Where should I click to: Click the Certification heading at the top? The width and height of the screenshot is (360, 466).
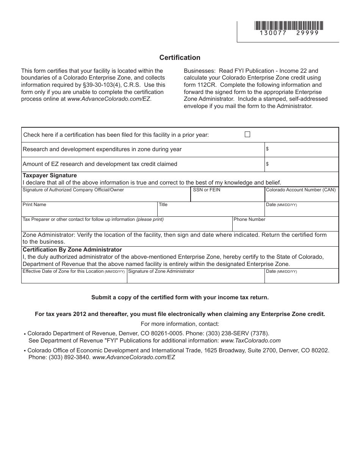pos(180,58)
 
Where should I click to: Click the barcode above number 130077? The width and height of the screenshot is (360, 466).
pos(289,25)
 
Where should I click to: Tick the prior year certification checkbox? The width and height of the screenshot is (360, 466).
pos(247,134)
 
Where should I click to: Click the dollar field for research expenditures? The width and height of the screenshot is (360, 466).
pos(301,149)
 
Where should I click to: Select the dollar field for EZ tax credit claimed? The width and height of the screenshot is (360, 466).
pos(301,164)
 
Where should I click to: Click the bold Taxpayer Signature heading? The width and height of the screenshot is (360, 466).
pos(50,175)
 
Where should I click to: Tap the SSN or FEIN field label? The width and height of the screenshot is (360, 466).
pos(207,190)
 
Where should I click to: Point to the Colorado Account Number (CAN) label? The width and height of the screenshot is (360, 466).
pos(301,190)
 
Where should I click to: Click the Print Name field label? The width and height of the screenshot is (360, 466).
pos(34,205)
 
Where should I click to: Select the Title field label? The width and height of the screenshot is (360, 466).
pos(163,205)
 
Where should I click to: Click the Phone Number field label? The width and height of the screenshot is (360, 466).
pos(249,219)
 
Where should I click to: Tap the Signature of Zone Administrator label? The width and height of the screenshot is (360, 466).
pos(161,271)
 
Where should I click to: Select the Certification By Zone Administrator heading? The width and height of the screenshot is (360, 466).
pos(72,250)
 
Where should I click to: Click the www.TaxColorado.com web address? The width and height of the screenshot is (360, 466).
pos(250,341)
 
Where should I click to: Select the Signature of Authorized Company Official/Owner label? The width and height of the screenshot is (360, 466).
pos(73,190)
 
